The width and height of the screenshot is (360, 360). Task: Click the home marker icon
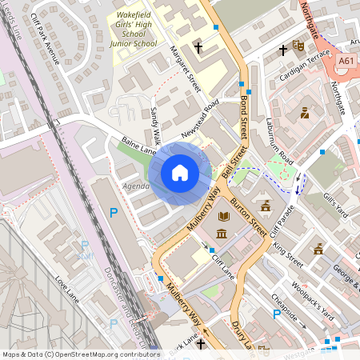[180, 172]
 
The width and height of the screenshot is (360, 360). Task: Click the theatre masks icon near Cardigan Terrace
[298, 46]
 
